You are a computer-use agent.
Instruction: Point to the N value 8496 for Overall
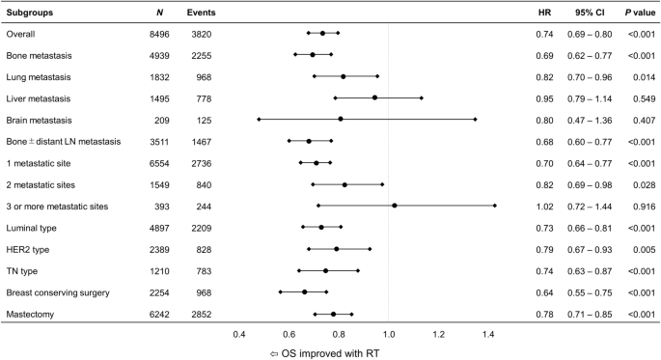click(157, 34)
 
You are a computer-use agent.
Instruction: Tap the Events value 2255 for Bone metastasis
click(202, 55)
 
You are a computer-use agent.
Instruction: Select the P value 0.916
click(641, 207)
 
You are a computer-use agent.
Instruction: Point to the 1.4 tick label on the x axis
click(488, 334)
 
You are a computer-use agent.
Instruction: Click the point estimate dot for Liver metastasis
click(375, 97)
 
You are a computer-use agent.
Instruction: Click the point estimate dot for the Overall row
click(323, 34)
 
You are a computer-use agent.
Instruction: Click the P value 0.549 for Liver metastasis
click(641, 98)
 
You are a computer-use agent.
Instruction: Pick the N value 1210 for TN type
click(157, 270)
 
